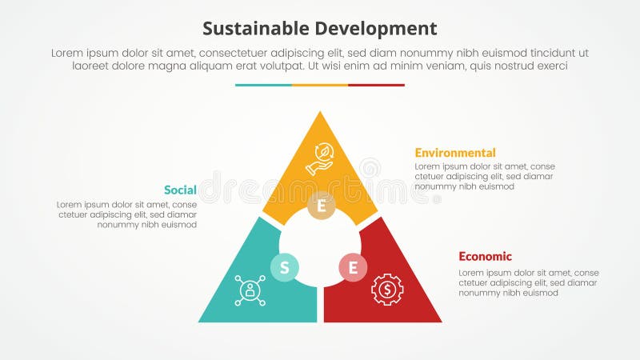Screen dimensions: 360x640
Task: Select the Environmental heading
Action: (x=454, y=152)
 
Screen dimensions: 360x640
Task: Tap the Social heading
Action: (x=180, y=190)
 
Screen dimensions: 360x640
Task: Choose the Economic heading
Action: (x=485, y=256)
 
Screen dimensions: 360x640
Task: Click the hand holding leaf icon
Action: (x=320, y=158)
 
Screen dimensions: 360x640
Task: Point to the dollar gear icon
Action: (x=387, y=290)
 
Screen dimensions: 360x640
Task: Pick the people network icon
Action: (x=250, y=290)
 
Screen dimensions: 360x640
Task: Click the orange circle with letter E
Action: (x=321, y=206)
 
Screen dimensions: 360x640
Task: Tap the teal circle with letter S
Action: (x=284, y=267)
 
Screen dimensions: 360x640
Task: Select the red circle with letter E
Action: (x=353, y=267)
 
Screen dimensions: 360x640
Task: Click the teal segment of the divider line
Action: (x=263, y=85)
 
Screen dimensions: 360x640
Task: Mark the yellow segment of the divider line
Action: (x=320, y=85)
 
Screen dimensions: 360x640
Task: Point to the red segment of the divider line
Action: (x=376, y=85)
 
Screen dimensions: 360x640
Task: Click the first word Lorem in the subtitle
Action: (x=67, y=53)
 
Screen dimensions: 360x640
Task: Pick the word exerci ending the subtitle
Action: (x=549, y=66)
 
